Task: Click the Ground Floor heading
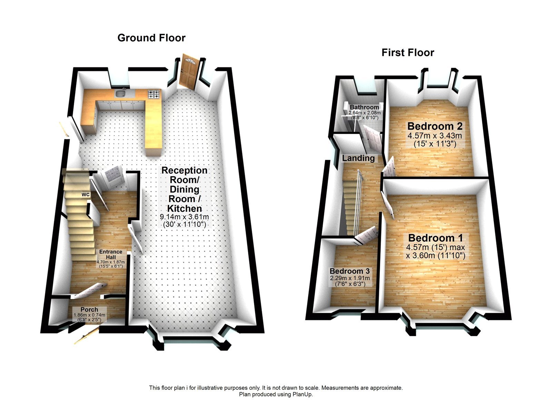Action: click(x=151, y=38)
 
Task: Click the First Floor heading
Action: click(x=407, y=53)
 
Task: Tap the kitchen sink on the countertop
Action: click(x=120, y=93)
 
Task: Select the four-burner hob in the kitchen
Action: click(x=154, y=94)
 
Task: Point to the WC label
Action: click(x=86, y=195)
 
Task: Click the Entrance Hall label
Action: click(x=110, y=254)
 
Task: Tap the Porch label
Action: click(x=89, y=310)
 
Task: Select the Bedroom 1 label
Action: click(x=435, y=238)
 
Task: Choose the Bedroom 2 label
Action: click(x=435, y=126)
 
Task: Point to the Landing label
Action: click(x=358, y=158)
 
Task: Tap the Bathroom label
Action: click(x=364, y=107)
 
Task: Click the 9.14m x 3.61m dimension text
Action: click(x=184, y=217)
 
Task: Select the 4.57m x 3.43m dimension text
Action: click(x=435, y=136)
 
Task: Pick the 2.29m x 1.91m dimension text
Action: click(x=350, y=278)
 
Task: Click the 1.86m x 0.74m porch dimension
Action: click(x=89, y=315)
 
